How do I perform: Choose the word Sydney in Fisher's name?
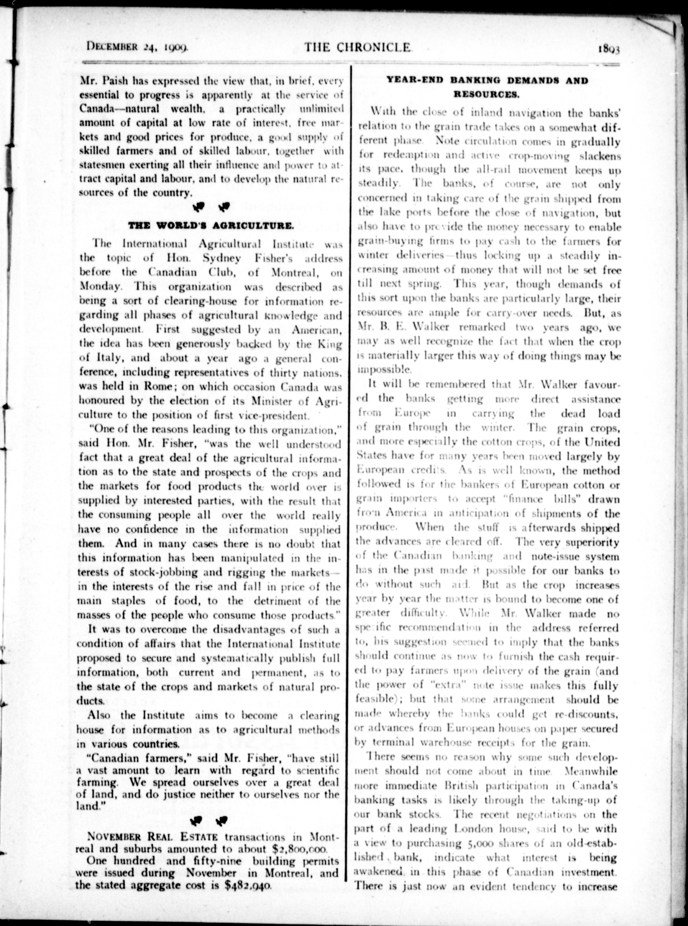222,258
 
